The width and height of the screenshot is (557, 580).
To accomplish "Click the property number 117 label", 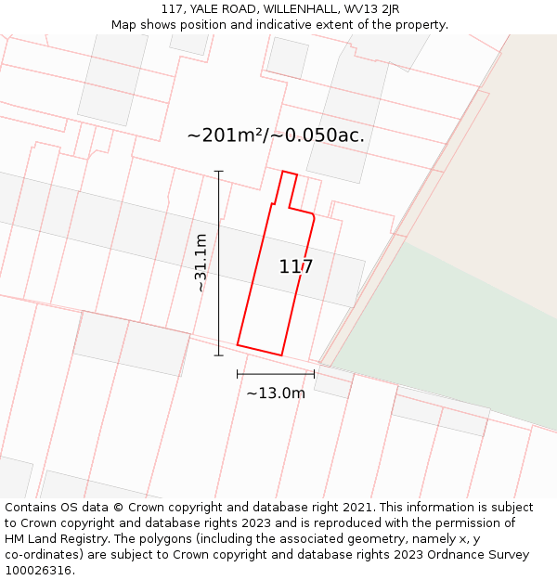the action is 296,267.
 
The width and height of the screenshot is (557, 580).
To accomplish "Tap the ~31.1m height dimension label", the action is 201,263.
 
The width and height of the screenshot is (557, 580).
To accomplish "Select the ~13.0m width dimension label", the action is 276,393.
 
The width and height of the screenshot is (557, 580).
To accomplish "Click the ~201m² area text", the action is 226,135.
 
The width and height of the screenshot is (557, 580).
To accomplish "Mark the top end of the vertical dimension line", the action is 219,172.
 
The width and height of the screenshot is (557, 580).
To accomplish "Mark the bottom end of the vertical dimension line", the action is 219,354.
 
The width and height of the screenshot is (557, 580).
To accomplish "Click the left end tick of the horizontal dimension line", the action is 238,374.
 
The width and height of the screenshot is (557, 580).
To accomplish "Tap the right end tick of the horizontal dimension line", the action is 314,374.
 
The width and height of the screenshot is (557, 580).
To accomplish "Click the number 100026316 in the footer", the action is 38,571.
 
